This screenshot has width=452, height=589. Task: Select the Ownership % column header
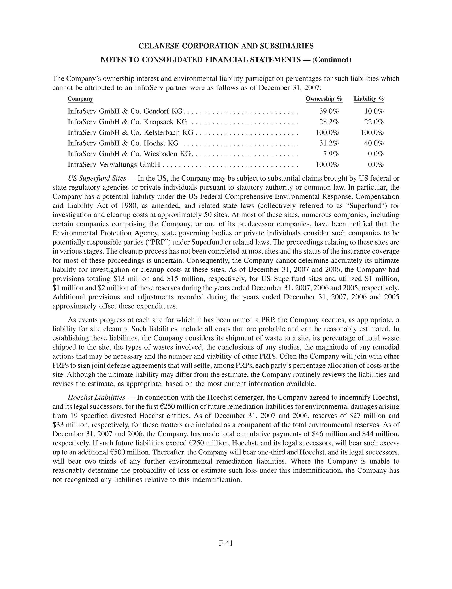[x=324, y=99]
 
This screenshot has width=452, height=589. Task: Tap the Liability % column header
[x=369, y=99]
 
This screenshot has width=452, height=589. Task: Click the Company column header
[x=80, y=99]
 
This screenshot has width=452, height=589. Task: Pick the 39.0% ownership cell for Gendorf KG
[x=329, y=111]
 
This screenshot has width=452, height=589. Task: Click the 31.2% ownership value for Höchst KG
[x=329, y=143]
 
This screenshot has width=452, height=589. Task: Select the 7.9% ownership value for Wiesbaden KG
[x=331, y=154]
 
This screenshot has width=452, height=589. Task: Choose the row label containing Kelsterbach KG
[x=130, y=132]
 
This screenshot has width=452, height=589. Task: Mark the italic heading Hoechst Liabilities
[x=96, y=397]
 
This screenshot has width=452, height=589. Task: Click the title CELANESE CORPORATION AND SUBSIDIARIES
[x=226, y=46]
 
